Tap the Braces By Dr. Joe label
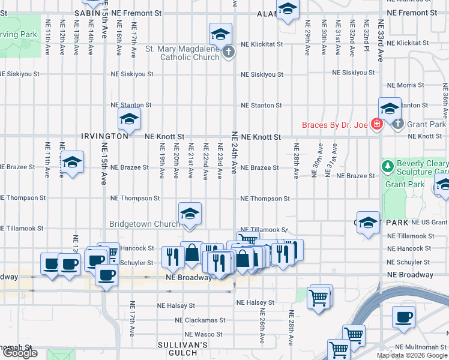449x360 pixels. click(334, 125)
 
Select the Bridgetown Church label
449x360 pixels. click(143, 224)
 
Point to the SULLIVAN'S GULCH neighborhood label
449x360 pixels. click(182, 349)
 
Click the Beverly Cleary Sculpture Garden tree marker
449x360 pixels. click(387, 165)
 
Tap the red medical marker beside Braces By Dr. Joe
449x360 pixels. click(377, 125)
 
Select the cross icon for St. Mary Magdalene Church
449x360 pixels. click(228, 53)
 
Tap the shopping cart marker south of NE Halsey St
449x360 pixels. click(319, 296)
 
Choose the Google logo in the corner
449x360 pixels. click(20, 353)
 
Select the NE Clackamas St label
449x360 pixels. click(204, 320)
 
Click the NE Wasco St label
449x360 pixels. click(203, 334)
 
